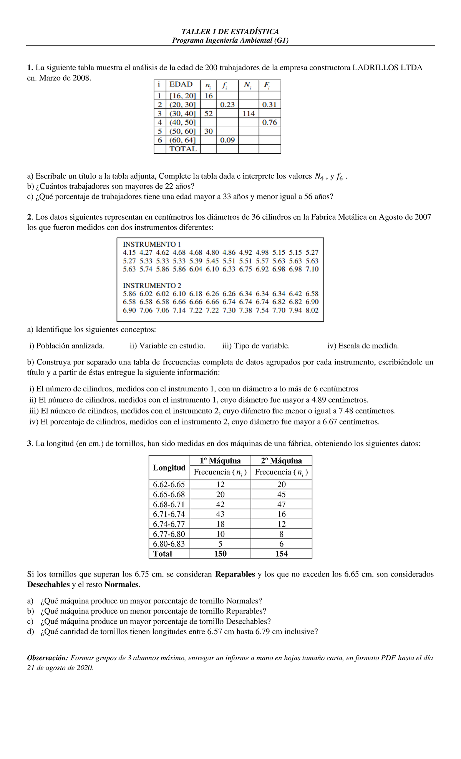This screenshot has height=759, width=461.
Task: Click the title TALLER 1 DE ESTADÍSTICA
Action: (230, 31)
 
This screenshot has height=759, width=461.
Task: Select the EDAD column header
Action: (181, 85)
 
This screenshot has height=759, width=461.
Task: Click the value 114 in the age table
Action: (249, 114)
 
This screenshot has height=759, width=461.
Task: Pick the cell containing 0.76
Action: (269, 123)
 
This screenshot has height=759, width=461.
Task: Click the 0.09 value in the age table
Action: (227, 140)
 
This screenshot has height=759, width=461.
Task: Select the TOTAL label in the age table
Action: (183, 149)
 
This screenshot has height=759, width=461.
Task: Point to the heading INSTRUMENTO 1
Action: (152, 244)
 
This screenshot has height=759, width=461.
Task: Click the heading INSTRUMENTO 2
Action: (152, 285)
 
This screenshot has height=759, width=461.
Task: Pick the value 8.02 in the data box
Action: (312, 310)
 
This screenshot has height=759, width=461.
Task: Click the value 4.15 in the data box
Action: (129, 253)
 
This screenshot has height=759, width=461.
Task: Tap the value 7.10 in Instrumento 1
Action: (312, 269)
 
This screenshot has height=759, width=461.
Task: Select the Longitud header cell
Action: (169, 467)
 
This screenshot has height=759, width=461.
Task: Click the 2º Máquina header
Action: (281, 461)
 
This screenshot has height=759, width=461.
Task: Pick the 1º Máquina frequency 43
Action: (220, 514)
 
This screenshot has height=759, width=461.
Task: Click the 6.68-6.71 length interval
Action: (169, 504)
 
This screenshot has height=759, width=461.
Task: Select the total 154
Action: (281, 554)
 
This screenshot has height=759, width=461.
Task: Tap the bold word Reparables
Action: (235, 574)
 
